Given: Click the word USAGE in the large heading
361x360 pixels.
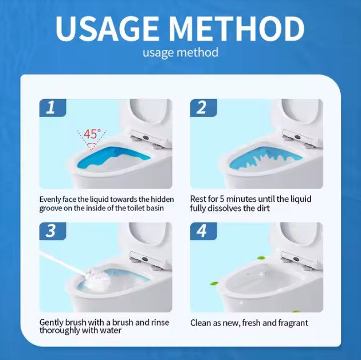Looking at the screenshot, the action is [x=107, y=29].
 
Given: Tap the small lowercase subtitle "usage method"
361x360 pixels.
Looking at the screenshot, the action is [x=180, y=53].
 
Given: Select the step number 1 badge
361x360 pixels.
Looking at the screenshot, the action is [x=53, y=108].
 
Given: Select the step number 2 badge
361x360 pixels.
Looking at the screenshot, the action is [x=203, y=108].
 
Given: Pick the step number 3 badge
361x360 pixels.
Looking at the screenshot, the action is [x=53, y=231].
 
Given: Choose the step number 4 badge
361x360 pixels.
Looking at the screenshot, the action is [x=203, y=231].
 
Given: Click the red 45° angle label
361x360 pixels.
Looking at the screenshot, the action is [x=92, y=134].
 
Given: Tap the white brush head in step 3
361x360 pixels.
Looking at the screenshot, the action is [x=97, y=278].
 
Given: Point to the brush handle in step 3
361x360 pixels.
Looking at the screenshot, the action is [x=62, y=263].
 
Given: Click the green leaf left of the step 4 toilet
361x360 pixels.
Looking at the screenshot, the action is [x=214, y=283].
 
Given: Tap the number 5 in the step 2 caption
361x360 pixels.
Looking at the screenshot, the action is [x=222, y=199].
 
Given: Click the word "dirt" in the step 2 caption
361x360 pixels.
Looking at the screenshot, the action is [x=263, y=208].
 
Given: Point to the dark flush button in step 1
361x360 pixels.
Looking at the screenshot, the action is [x=146, y=137].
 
